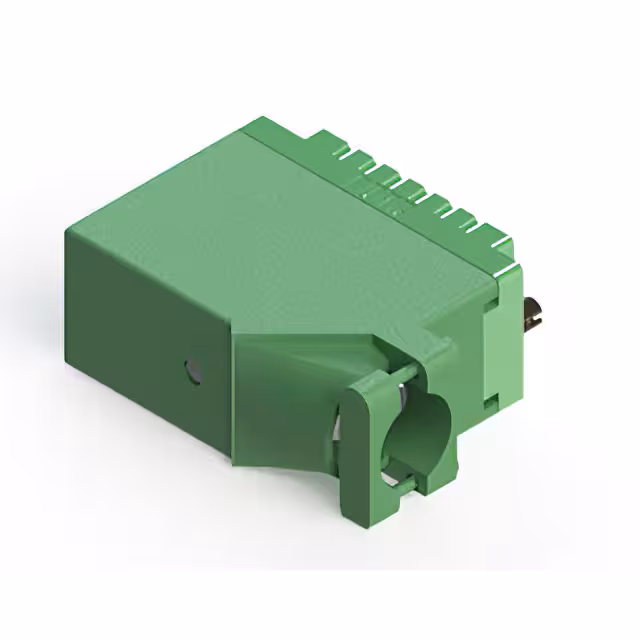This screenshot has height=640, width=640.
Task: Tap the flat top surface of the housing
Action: pyautogui.click(x=290, y=230)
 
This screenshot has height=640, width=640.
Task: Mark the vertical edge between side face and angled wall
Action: pyautogui.click(x=232, y=400)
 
